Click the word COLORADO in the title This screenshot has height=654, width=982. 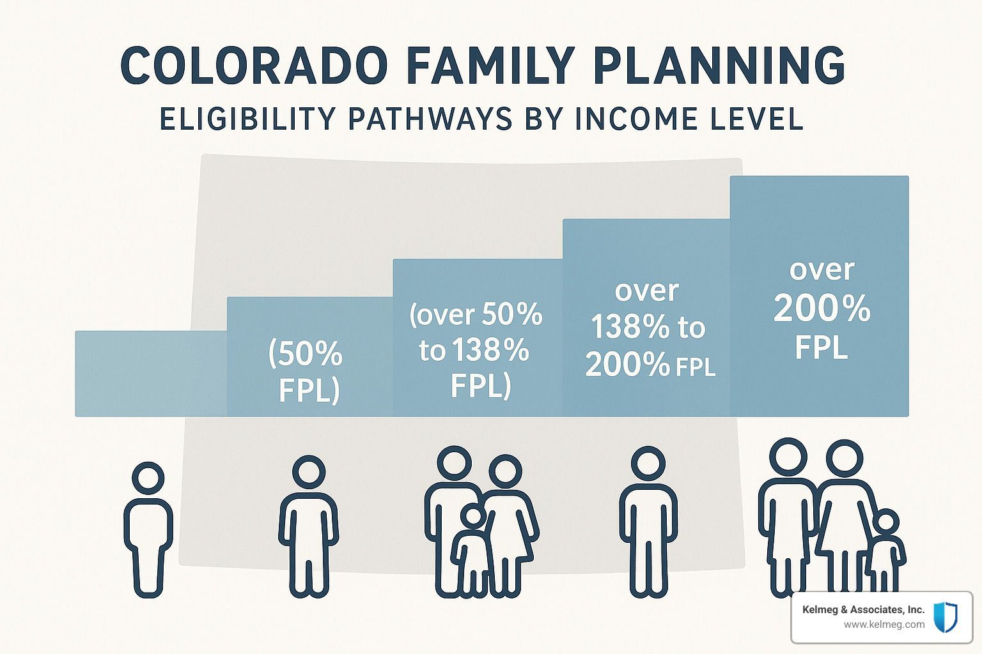(254, 65)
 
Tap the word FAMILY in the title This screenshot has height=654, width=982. (490, 65)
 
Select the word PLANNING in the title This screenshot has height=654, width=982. (720, 65)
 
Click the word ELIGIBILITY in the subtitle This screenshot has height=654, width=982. (247, 119)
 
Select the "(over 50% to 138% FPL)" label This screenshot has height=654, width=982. (476, 351)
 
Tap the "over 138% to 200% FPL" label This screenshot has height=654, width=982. (650, 328)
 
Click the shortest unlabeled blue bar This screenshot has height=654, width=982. (151, 374)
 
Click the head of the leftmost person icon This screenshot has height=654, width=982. (148, 478)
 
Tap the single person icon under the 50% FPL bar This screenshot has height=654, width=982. (309, 526)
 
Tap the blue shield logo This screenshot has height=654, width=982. (945, 617)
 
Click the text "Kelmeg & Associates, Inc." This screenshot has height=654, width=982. (863, 609)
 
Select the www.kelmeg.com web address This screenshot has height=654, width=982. (884, 625)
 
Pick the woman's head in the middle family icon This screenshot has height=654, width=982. (506, 471)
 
